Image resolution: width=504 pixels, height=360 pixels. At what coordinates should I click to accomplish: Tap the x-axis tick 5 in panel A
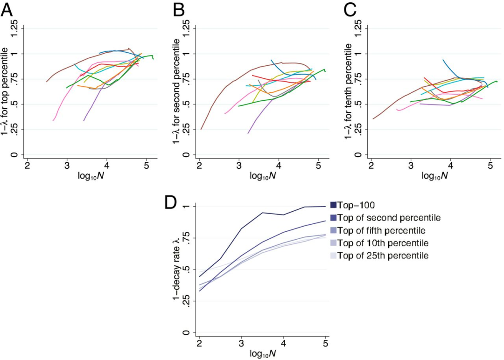pos(147,166)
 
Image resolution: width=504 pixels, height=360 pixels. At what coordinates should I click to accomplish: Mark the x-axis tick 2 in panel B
pos(199,166)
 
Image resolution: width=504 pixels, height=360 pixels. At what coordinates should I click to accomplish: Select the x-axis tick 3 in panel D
pos(241,344)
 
